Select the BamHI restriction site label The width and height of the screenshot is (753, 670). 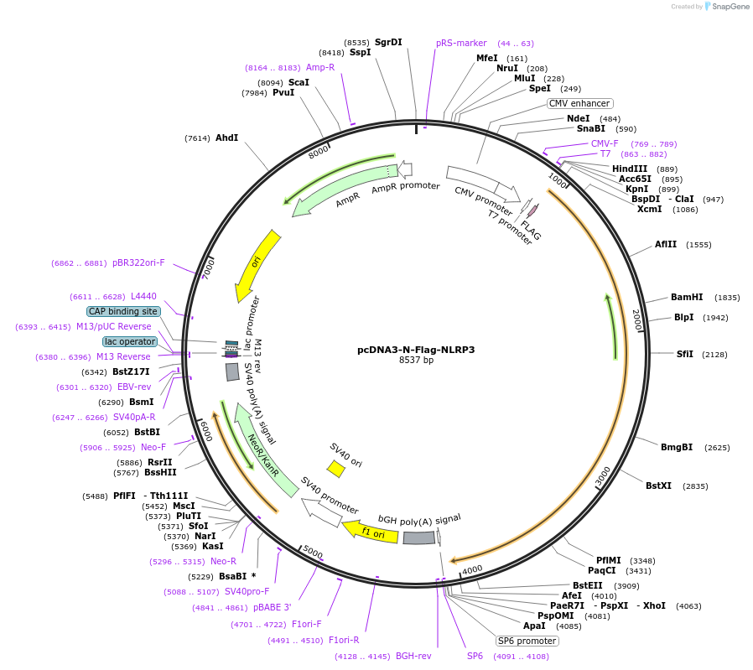tap(687, 298)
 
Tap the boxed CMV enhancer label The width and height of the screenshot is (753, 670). tap(579, 103)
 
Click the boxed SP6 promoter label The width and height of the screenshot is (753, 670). tap(527, 641)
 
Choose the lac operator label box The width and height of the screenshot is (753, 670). tap(130, 341)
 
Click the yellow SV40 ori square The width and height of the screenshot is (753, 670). tap(335, 469)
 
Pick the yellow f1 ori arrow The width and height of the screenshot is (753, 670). tap(370, 531)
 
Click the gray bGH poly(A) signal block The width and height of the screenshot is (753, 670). tap(418, 538)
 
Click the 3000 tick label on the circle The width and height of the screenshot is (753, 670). tap(603, 475)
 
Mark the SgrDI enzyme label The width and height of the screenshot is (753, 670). tap(388, 42)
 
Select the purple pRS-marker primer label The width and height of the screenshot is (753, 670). tap(461, 43)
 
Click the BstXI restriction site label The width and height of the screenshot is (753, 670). tap(658, 486)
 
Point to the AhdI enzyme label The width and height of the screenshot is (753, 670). tap(226, 138)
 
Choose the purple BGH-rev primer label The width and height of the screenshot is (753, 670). tap(413, 656)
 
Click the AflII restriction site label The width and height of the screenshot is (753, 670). tap(666, 244)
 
